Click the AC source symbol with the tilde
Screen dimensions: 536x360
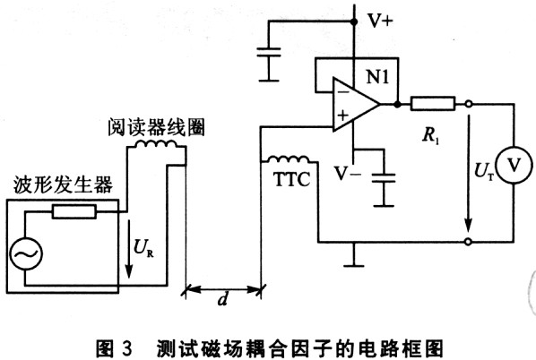(26, 253)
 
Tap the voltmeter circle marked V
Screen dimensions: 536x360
(514, 166)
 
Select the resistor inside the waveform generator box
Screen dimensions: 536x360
(74, 211)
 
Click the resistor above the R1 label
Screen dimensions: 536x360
(433, 104)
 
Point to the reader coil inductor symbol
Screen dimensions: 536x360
(156, 144)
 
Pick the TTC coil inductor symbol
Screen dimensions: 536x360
(288, 159)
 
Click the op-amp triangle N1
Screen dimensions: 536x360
(356, 104)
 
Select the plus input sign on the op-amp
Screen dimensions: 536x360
(343, 116)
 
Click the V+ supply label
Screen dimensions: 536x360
(380, 21)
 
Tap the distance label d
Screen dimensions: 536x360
(223, 299)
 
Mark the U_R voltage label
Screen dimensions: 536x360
(143, 248)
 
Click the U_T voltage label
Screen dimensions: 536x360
(484, 171)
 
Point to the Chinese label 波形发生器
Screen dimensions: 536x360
(63, 184)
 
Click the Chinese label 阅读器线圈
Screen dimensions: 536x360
(157, 127)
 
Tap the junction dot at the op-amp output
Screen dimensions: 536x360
(397, 104)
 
